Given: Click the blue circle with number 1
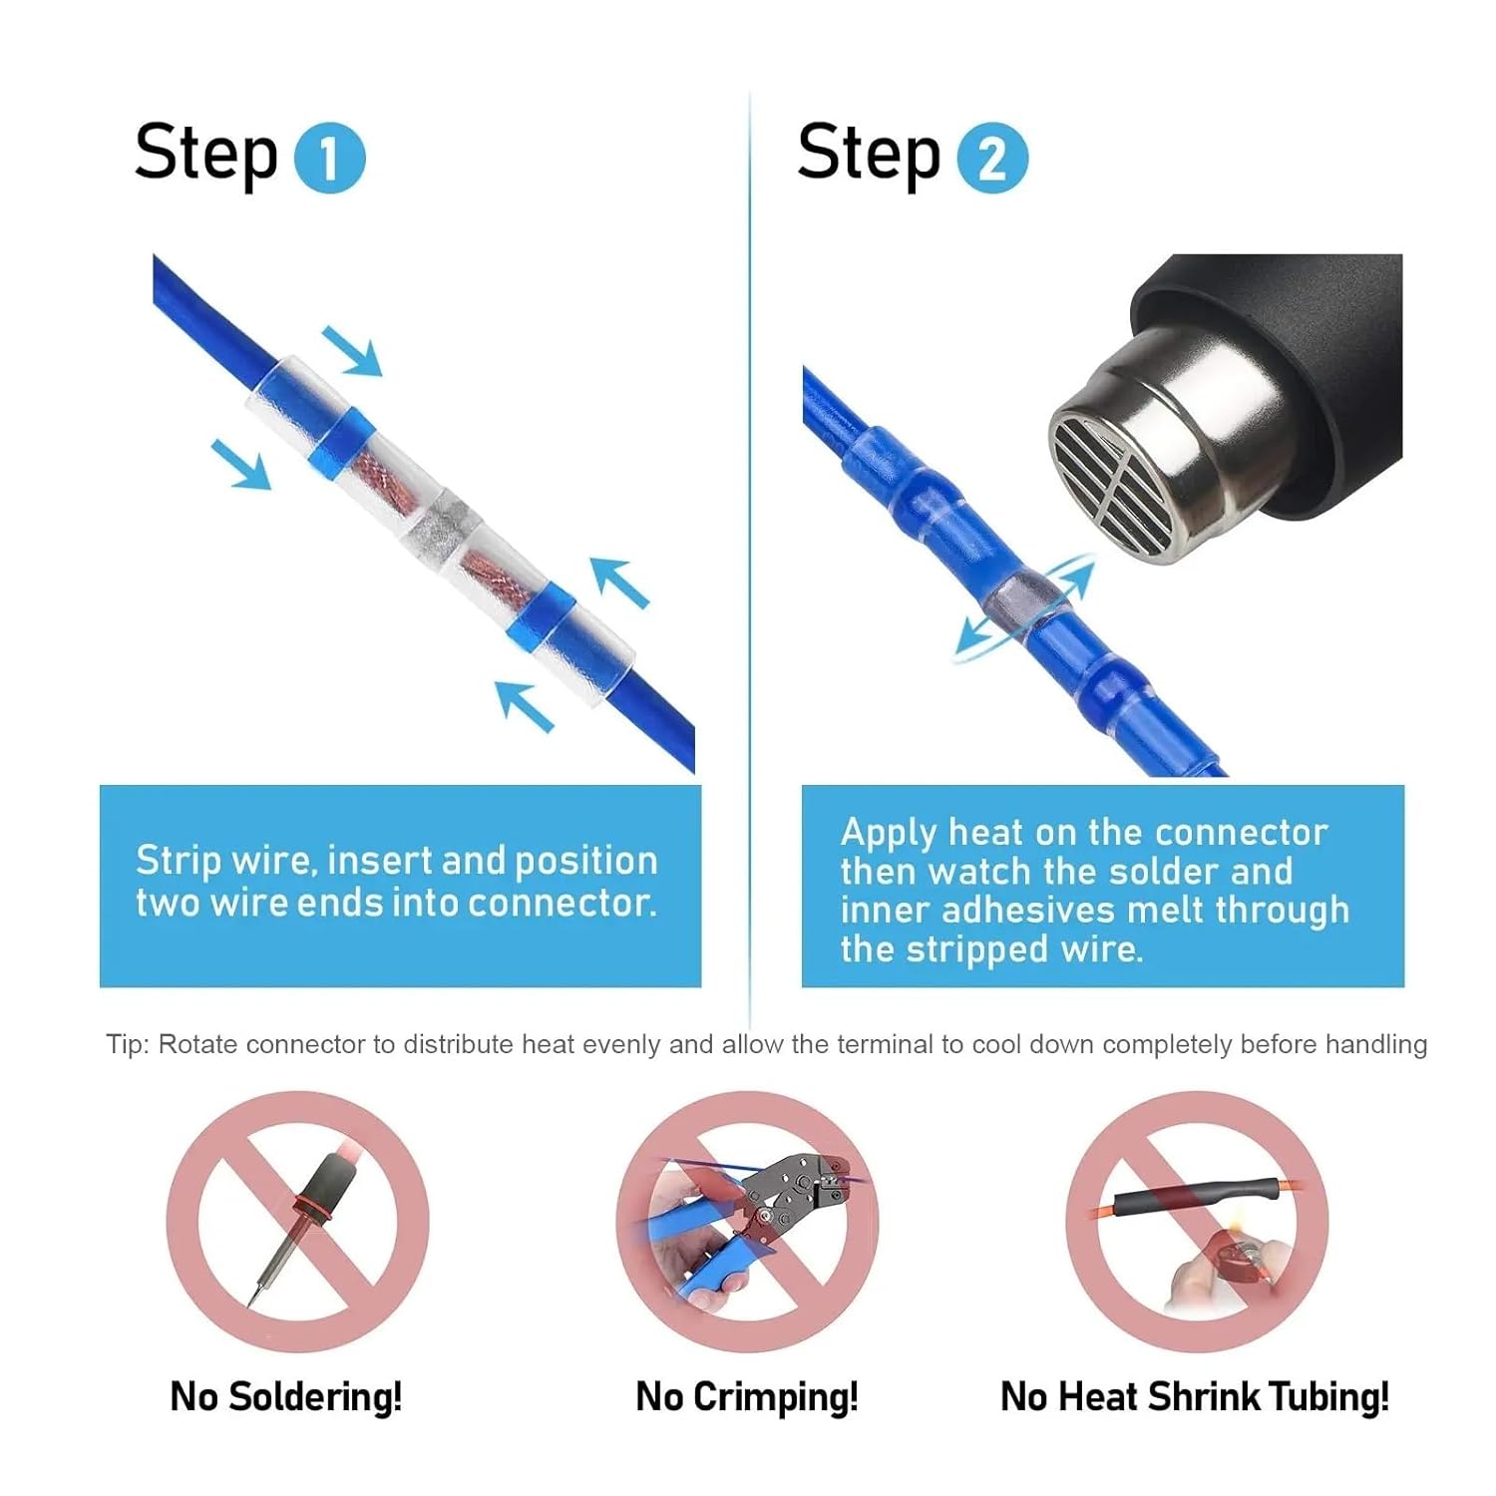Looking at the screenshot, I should point(330,158).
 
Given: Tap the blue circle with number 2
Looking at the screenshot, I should point(991,158).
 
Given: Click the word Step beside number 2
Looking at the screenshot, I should point(869,154).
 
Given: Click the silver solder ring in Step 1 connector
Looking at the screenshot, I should point(441,526).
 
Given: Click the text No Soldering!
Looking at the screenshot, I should point(286,1396).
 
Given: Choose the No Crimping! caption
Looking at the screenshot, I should point(747,1396).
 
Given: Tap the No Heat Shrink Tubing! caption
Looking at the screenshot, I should point(1194,1396).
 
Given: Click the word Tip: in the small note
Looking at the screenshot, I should point(129,1044).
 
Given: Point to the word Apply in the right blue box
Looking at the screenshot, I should point(889,833).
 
